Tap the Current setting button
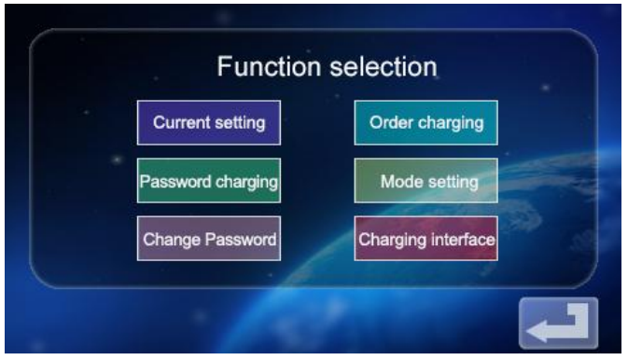pyautogui.click(x=209, y=122)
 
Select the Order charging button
pyautogui.click(x=426, y=122)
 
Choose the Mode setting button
pyautogui.click(x=426, y=181)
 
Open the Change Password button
pyautogui.click(x=209, y=239)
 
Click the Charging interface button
pyautogui.click(x=426, y=239)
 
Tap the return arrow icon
pyautogui.click(x=558, y=323)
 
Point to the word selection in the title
pyautogui.click(x=383, y=67)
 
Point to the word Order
pyautogui.click(x=389, y=122)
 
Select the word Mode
pyautogui.click(x=398, y=181)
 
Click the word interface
pyautogui.click(x=463, y=239)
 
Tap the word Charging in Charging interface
pyautogui.click(x=393, y=239)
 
